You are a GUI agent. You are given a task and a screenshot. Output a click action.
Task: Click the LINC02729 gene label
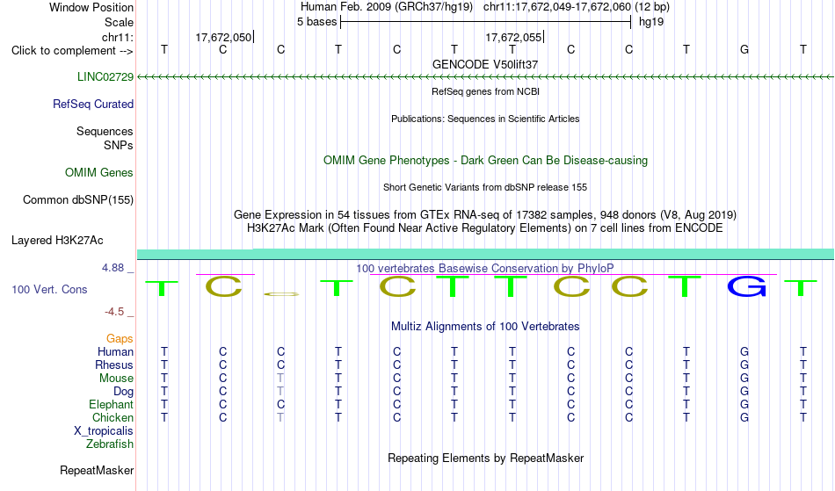tap(105, 76)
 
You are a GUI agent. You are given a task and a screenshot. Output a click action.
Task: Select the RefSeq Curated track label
tap(93, 104)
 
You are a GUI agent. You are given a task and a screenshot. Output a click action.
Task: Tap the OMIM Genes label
tap(99, 172)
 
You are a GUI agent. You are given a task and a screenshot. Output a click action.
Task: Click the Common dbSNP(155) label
tap(78, 199)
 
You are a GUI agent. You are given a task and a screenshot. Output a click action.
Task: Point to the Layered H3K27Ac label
tap(57, 240)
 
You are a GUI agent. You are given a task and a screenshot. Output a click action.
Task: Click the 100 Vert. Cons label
tap(49, 289)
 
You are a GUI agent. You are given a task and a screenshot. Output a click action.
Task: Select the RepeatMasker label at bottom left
tap(97, 470)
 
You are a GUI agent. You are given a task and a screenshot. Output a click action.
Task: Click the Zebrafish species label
tap(110, 444)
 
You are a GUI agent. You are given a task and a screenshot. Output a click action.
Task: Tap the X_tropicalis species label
tap(104, 431)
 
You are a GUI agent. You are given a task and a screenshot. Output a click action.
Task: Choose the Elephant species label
tap(112, 404)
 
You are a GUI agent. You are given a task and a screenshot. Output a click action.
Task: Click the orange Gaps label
tap(120, 338)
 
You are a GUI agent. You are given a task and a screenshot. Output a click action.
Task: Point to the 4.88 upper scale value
tap(113, 268)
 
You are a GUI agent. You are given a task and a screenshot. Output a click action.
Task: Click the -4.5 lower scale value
tap(114, 311)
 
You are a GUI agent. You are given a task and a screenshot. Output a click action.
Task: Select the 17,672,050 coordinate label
tap(223, 37)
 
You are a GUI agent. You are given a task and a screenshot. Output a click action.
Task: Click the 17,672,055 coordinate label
tap(513, 37)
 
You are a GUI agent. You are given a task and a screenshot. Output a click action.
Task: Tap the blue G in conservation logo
tap(746, 286)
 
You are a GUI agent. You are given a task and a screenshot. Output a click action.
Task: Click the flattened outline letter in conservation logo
tap(281, 293)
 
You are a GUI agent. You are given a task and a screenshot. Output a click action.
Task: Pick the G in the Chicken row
tap(744, 417)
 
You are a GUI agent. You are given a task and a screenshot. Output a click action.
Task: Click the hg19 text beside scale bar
tap(651, 22)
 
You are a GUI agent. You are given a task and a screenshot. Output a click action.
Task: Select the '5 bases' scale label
tap(316, 22)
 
